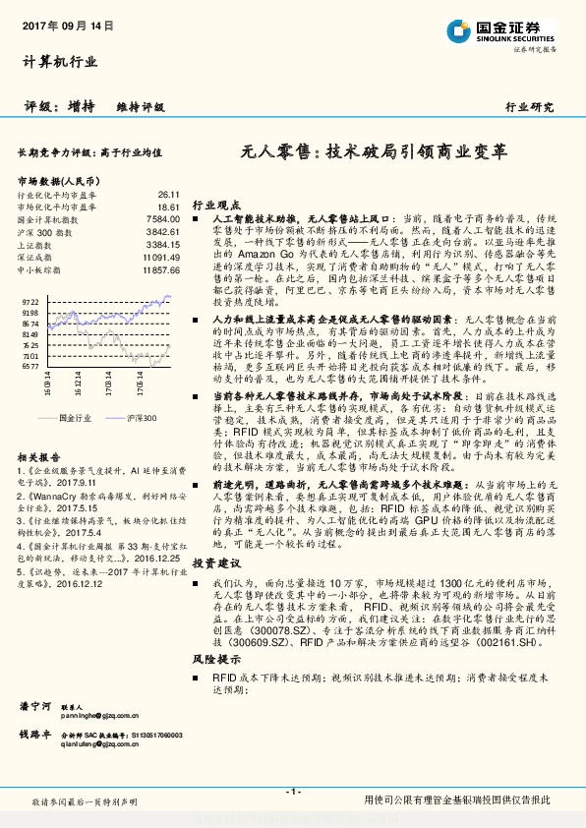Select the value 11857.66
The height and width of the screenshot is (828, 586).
tap(160, 267)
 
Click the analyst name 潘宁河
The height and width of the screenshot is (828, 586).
tap(35, 705)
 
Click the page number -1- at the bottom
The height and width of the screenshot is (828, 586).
tap(293, 791)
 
